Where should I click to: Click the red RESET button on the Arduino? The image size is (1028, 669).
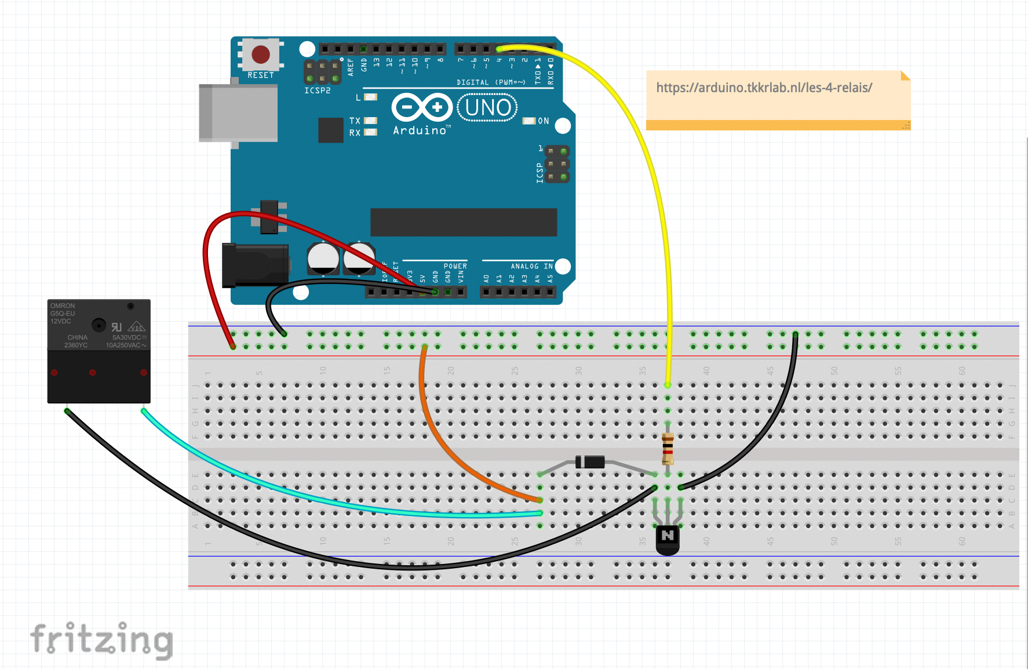pyautogui.click(x=261, y=54)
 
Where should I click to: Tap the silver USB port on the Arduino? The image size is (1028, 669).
pyautogui.click(x=238, y=113)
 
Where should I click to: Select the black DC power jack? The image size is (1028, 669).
pyautogui.click(x=255, y=266)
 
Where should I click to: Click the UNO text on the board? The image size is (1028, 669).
pyautogui.click(x=488, y=108)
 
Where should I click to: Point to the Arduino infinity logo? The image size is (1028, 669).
pyautogui.click(x=422, y=107)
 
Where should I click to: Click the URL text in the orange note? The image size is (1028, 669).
pyautogui.click(x=764, y=88)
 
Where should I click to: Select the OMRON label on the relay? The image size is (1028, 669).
pyautogui.click(x=63, y=306)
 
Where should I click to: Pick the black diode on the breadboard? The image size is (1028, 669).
pyautogui.click(x=590, y=462)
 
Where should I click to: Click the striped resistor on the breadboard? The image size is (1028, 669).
pyautogui.click(x=668, y=448)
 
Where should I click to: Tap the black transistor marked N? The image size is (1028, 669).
pyautogui.click(x=668, y=537)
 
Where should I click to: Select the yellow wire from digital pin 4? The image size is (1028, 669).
pyautogui.click(x=655, y=174)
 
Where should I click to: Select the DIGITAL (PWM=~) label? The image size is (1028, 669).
pyautogui.click(x=491, y=82)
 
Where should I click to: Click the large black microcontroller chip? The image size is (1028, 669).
pyautogui.click(x=464, y=222)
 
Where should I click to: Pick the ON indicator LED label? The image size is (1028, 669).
pyautogui.click(x=543, y=121)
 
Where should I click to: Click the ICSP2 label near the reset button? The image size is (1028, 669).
pyautogui.click(x=318, y=90)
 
